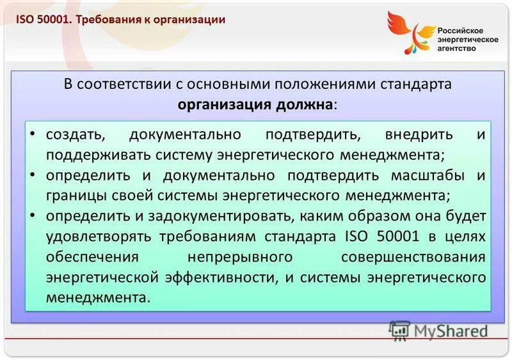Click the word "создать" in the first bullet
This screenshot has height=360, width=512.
click(74, 135)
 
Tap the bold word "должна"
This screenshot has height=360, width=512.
click(305, 104)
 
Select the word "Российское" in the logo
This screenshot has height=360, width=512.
click(461, 30)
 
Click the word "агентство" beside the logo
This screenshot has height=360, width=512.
click(458, 48)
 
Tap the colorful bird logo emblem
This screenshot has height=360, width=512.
click(410, 32)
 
